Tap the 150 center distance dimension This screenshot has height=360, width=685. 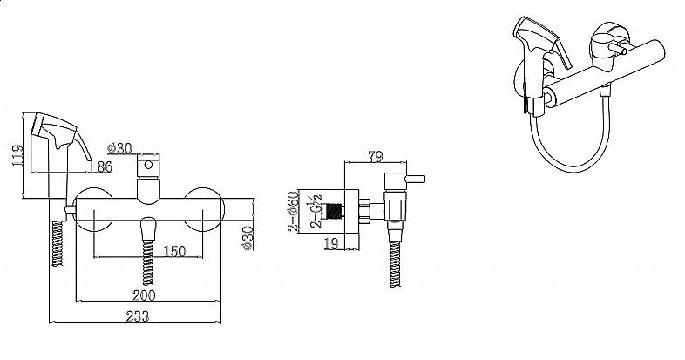pyautogui.click(x=174, y=252)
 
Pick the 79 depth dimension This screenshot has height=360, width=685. pyautogui.click(x=376, y=158)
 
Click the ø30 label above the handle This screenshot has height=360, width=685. pyautogui.click(x=119, y=147)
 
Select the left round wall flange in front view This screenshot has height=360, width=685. pyautogui.click(x=92, y=209)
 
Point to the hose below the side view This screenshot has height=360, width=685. pyautogui.click(x=395, y=262)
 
